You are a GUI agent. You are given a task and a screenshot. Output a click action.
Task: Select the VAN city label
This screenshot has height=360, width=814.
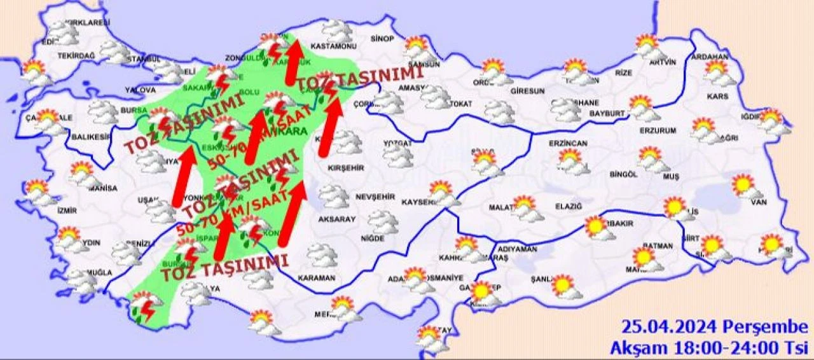(757, 203)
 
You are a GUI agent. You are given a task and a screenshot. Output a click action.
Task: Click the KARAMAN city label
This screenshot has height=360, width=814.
(316, 279)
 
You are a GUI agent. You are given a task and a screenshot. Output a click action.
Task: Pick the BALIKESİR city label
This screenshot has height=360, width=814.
(87, 136)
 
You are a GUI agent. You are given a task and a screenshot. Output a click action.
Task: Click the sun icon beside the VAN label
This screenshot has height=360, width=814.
(744, 186)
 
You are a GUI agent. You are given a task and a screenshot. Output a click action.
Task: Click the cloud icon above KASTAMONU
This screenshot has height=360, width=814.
(336, 30)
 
